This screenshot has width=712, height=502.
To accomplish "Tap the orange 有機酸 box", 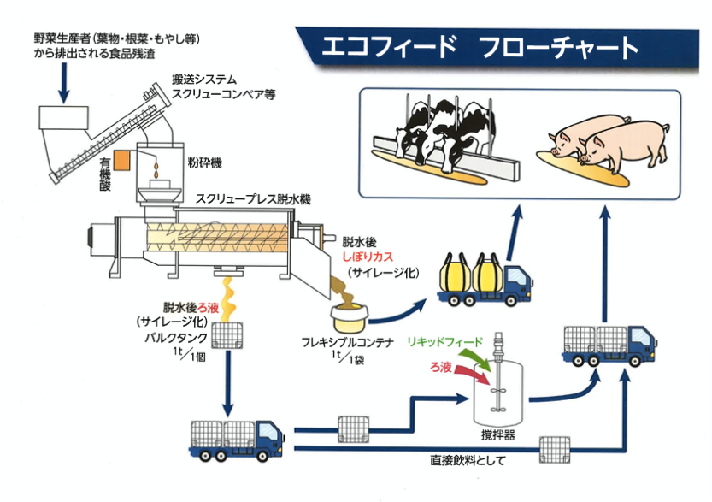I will [121, 160].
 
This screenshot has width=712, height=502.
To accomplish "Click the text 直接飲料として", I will [468, 461].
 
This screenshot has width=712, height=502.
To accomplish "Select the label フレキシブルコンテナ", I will [347, 343].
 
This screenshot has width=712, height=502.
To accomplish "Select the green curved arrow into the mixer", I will [481, 357].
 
